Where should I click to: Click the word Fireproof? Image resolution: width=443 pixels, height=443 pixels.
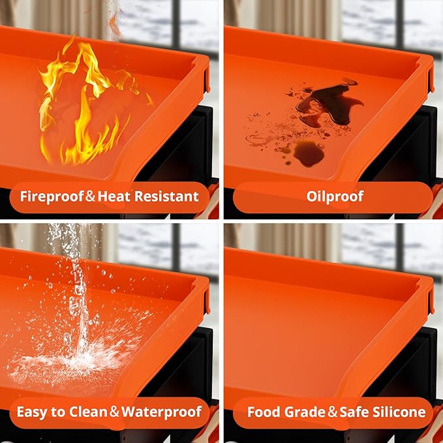click(52, 196)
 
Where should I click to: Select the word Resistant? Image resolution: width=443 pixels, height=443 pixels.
click(166, 196)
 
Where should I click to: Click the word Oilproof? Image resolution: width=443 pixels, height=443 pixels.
click(335, 196)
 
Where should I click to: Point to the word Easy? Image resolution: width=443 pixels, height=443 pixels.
click(32, 412)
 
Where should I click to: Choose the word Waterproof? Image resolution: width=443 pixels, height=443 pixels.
click(161, 412)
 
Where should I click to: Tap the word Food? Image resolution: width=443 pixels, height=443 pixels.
click(264, 412)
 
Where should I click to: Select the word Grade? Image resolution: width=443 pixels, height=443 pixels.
click(305, 412)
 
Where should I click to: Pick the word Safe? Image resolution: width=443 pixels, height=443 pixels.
click(354, 412)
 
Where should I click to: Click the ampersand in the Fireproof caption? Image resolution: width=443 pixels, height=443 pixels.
click(91, 196)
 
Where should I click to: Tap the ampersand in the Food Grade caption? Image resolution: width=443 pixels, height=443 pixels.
click(332, 412)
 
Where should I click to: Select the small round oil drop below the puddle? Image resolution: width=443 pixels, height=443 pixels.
click(309, 153)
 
